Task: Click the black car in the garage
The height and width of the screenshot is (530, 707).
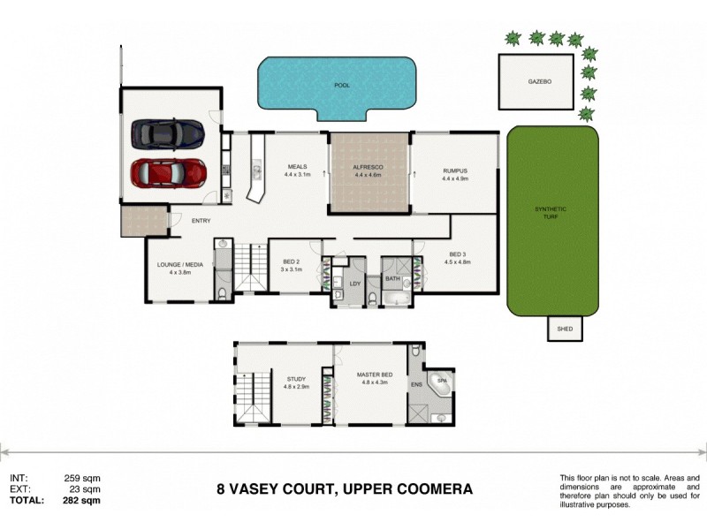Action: [168, 134]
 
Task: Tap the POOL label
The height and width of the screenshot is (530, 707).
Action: [341, 86]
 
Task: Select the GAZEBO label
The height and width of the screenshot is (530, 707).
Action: [540, 80]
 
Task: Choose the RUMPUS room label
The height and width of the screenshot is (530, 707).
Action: [454, 170]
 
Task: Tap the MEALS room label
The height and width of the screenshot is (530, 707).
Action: [297, 166]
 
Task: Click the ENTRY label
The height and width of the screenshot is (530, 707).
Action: [201, 221]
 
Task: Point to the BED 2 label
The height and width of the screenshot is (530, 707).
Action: [293, 262]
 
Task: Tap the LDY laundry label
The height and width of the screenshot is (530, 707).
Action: [355, 284]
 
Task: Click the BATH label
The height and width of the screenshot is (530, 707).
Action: [393, 279]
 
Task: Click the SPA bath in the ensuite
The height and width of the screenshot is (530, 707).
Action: [439, 384]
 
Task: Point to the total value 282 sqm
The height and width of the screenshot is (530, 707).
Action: [82, 500]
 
